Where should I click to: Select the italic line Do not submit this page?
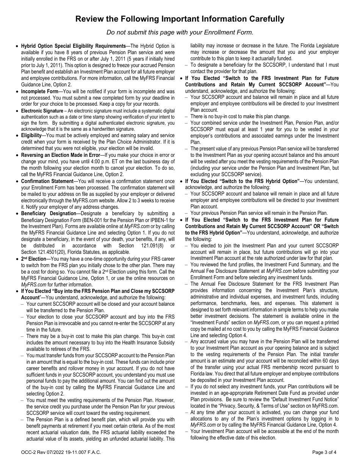click(x=180, y=32)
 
